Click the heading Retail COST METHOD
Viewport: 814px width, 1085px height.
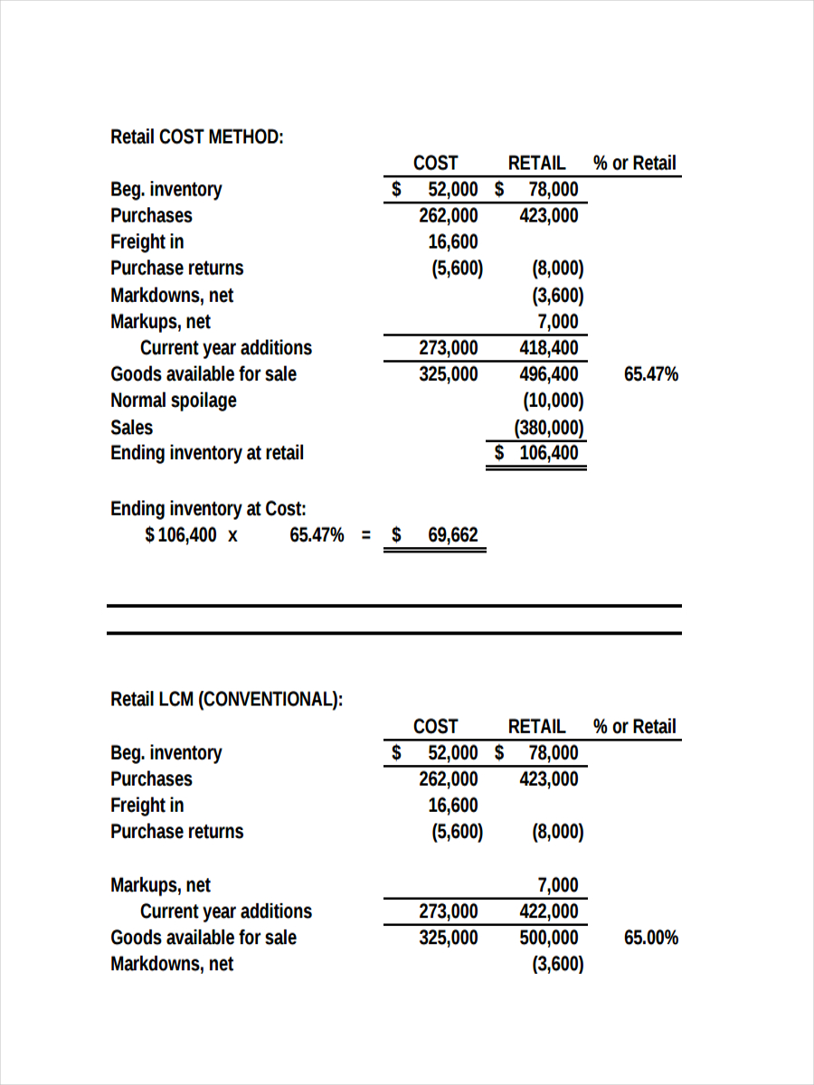click(x=196, y=137)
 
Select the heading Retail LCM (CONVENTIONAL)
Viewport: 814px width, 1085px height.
click(x=226, y=700)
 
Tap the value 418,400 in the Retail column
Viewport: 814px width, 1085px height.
click(x=548, y=348)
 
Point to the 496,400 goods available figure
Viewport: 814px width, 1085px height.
click(x=548, y=374)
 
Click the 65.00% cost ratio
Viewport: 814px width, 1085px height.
click(x=650, y=938)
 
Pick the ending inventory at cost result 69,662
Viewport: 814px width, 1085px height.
click(x=452, y=535)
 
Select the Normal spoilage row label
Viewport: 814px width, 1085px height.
click(x=173, y=401)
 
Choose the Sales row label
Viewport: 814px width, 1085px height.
click(x=131, y=428)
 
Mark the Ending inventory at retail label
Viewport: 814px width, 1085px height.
click(x=206, y=453)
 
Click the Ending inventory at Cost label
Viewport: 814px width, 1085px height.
click(x=208, y=509)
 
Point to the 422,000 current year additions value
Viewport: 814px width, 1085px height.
click(x=548, y=911)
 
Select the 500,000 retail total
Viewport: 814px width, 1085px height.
click(x=548, y=938)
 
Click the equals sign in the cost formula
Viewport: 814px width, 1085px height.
click(x=366, y=535)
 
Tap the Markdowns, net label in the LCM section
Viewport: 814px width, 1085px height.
click(x=172, y=964)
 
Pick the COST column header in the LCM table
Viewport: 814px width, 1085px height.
click(x=435, y=726)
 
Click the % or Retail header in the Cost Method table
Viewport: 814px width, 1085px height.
click(x=634, y=164)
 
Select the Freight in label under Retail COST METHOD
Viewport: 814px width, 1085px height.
click(x=147, y=242)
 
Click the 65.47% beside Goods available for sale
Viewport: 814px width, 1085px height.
click(x=650, y=374)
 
